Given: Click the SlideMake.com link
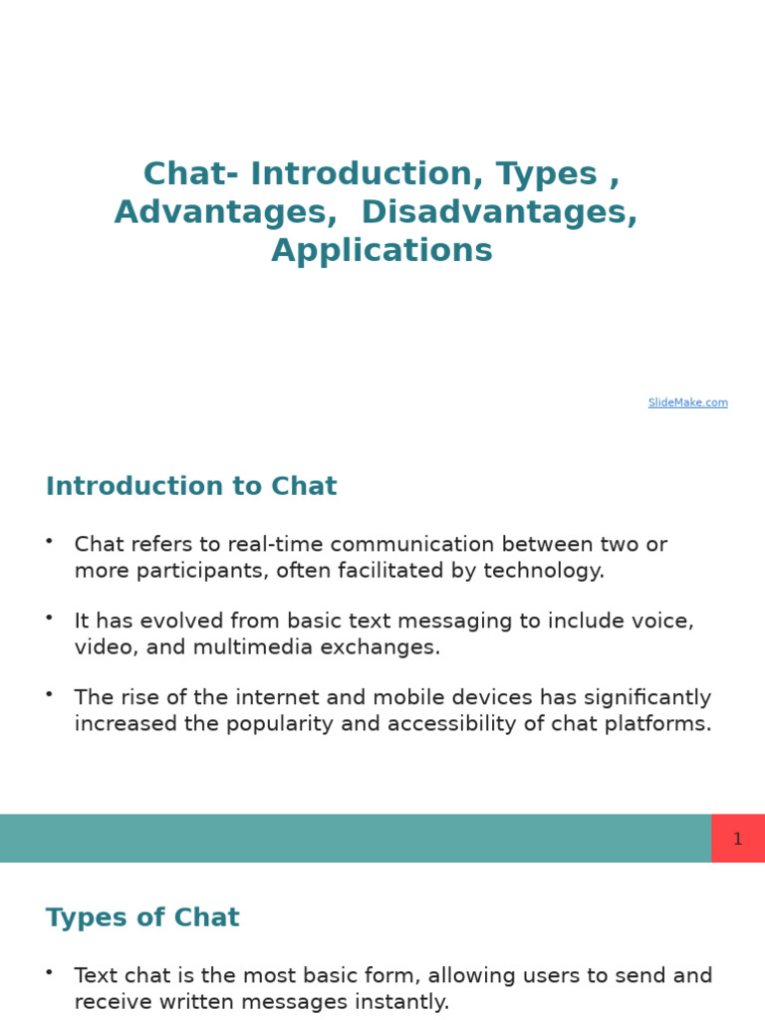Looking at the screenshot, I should (687, 402).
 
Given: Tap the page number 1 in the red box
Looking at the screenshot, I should (737, 839).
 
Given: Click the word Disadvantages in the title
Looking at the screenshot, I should (499, 212).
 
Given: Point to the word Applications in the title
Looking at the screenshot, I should (382, 250).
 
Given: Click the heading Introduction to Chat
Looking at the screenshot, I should (191, 486).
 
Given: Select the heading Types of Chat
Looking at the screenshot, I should (142, 917).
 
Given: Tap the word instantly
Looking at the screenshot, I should (404, 1002).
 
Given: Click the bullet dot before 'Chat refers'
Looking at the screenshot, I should (49, 540).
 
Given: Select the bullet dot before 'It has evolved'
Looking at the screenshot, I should (49, 617).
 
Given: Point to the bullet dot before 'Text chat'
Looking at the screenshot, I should (49, 971).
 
